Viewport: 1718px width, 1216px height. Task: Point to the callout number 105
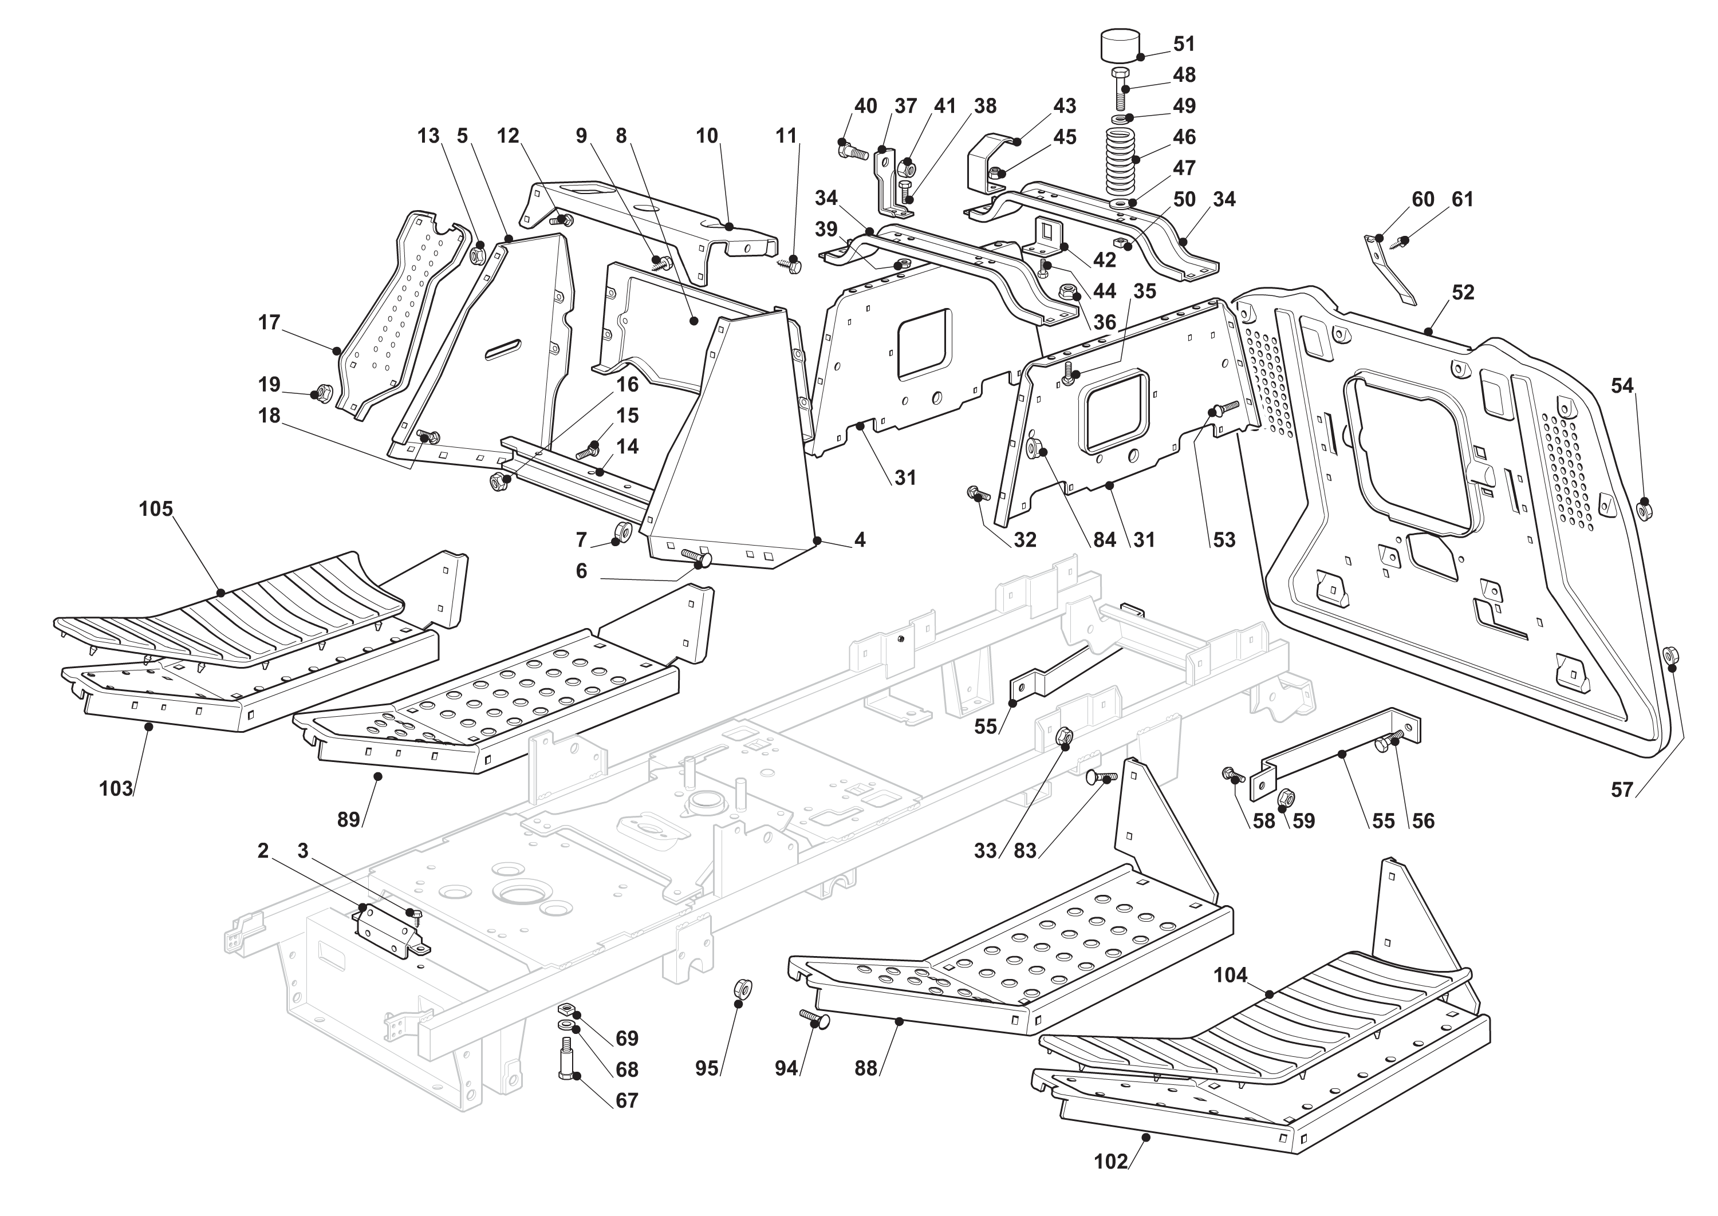156,509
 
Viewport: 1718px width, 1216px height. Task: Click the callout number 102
1110,1162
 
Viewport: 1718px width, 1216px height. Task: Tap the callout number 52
1463,293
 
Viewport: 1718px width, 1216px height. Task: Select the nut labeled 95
742,990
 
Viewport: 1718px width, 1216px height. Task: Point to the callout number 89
348,820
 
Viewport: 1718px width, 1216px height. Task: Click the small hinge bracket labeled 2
385,929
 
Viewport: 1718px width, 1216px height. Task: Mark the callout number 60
1423,199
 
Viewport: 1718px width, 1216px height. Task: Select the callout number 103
116,788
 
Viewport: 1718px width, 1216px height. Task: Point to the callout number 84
1105,540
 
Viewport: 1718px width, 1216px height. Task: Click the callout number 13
428,136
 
